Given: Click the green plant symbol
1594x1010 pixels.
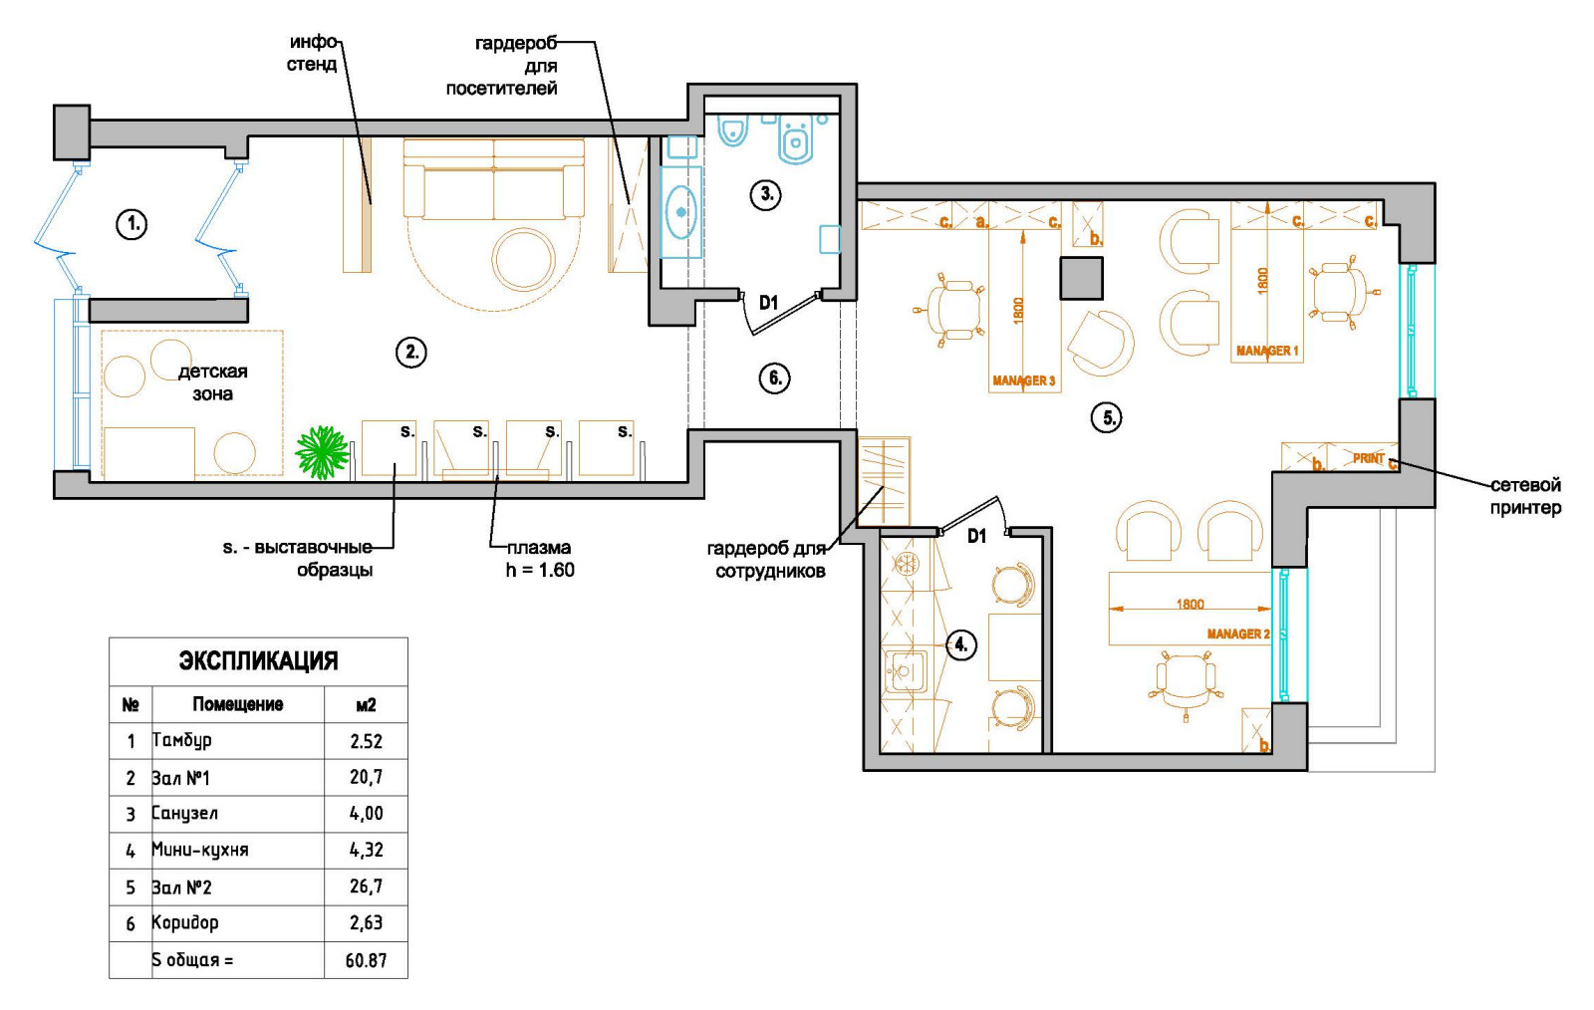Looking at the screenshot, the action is coord(323,451).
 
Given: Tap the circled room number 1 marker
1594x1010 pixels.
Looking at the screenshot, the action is coord(132,225).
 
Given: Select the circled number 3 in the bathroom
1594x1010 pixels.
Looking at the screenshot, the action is coord(766,194).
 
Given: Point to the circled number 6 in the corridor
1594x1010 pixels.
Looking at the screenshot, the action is coord(775,378).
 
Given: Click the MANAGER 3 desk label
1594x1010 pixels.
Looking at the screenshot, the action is coord(1023,381).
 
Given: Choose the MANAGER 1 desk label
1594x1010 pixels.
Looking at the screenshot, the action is coord(1267,351).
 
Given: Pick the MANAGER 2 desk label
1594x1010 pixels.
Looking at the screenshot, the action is coord(1238,633).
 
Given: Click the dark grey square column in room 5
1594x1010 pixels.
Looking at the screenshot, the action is coord(1082,278).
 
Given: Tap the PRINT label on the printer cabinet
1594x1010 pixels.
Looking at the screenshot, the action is coord(1369,459).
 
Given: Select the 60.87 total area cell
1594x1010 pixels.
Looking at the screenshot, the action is coord(366,961).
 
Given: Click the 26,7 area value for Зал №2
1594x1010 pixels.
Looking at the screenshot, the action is coord(366,886).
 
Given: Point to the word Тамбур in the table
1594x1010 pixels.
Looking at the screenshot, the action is coord(181,740).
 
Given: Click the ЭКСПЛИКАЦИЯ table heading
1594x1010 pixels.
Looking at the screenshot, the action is coord(258,660).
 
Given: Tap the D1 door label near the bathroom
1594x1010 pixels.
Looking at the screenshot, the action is coord(768,303).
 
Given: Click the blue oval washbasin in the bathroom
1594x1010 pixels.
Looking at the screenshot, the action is coord(681,212).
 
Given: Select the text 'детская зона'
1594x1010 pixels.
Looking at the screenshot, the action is coord(212,381).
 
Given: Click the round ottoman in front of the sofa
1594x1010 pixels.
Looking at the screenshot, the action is coord(525,258).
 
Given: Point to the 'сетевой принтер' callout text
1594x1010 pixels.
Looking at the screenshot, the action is coord(1525,496).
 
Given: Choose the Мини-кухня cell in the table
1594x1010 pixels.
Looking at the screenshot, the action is coord(200,850).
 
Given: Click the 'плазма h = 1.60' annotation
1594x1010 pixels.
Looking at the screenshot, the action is coord(539,559).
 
